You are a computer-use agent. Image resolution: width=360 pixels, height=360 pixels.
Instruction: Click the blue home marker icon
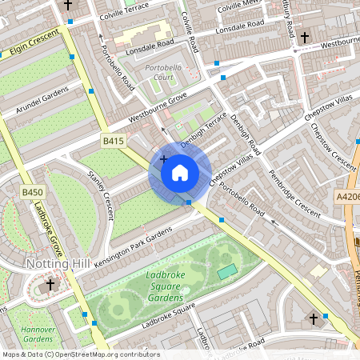point(180,172)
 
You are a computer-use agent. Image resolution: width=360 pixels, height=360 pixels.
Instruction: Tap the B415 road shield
point(113,142)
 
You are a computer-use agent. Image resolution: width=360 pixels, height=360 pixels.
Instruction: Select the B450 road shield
point(32,193)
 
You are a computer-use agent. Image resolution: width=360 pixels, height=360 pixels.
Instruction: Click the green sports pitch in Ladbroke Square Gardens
point(227,272)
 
